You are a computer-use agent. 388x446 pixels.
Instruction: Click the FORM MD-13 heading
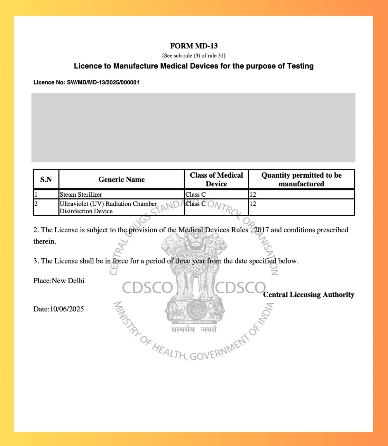194,46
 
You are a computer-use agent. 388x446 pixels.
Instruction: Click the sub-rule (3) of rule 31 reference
194,56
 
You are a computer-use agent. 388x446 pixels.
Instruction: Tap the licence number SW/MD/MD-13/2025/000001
103,82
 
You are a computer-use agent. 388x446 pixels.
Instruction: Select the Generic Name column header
121,179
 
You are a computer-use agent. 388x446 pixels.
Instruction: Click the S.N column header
46,179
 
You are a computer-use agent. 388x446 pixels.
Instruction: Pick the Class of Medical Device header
216,179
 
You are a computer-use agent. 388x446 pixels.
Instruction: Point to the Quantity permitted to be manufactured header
301,179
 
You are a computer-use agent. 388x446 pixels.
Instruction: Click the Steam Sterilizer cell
81,195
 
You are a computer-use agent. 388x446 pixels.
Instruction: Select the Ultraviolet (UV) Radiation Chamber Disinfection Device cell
108,207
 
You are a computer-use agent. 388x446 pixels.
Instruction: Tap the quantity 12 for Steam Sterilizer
253,195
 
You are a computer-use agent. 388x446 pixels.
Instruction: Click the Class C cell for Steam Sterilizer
195,195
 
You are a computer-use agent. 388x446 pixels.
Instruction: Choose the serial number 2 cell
36,204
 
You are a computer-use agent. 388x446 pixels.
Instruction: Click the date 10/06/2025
67,309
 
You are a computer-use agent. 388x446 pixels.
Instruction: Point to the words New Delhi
68,281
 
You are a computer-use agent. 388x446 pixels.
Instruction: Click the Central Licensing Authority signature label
308,295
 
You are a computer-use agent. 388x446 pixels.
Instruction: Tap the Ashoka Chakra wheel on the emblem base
197,309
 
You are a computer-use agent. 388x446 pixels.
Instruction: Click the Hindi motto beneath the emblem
194,330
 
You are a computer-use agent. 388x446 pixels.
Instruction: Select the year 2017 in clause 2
261,230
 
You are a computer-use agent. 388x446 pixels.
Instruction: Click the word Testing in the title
300,66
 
